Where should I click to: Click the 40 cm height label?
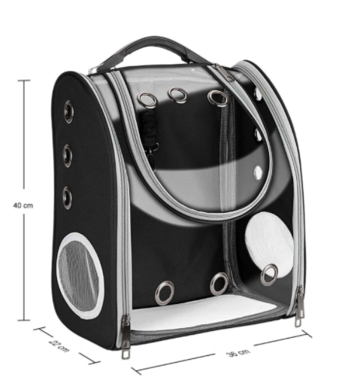pyautogui.click(x=23, y=205)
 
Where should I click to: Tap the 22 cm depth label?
pyautogui.click(x=59, y=346)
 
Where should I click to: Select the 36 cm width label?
pyautogui.click(x=238, y=353)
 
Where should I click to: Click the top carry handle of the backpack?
pyautogui.click(x=150, y=47)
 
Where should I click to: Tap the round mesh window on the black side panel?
pyautogui.click(x=80, y=275)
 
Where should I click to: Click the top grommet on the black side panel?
pyautogui.click(x=68, y=112)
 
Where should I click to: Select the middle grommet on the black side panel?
pyautogui.click(x=68, y=156)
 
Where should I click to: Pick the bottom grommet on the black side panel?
pyautogui.click(x=67, y=198)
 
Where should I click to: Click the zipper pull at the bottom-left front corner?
pyautogui.click(x=126, y=336)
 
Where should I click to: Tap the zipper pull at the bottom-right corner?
pyautogui.click(x=299, y=306)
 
